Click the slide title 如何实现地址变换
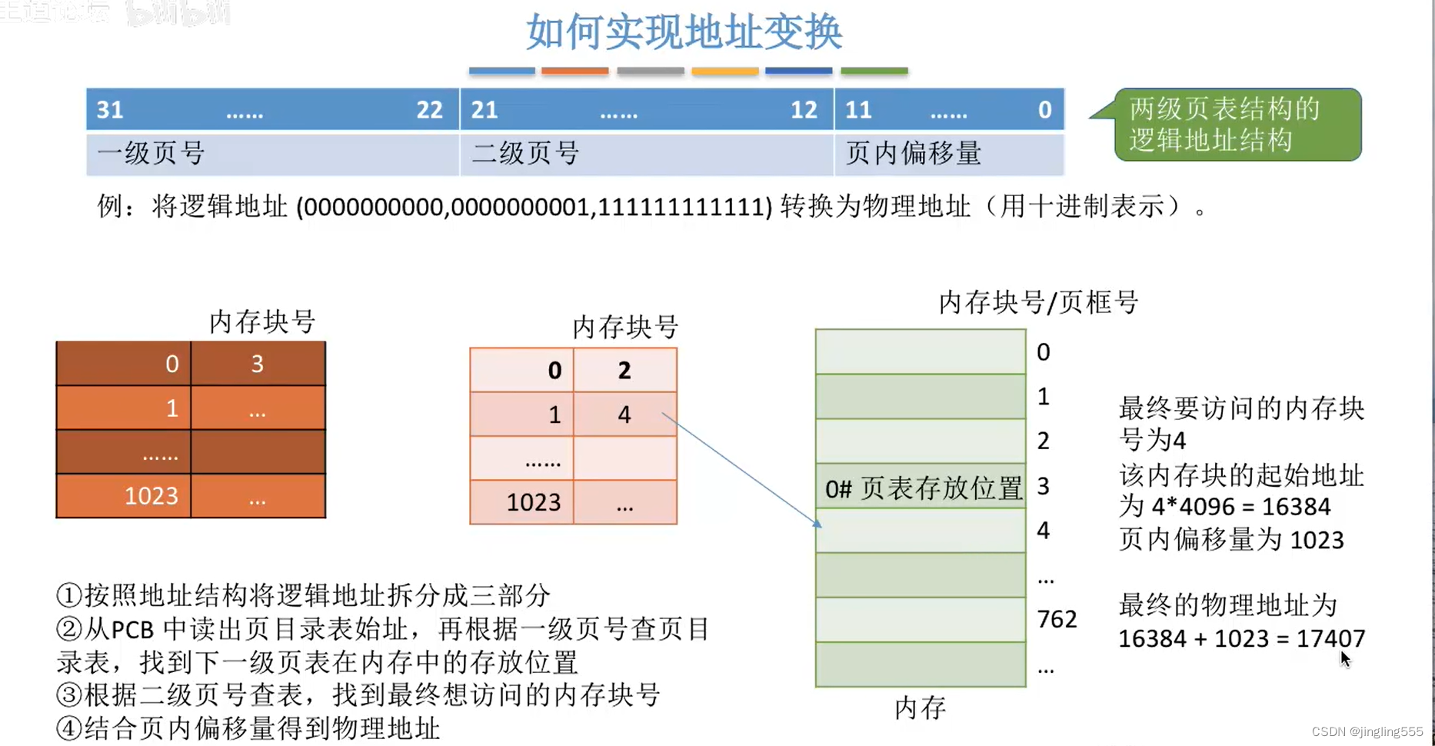point(684,32)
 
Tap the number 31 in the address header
point(110,110)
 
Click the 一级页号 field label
point(151,153)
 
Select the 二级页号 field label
point(525,153)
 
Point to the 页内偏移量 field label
point(913,153)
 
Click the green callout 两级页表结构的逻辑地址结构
point(1237,125)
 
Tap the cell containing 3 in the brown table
point(258,364)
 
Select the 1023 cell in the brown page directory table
point(151,496)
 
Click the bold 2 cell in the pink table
point(624,371)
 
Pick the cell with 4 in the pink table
point(624,415)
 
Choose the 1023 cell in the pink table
point(533,502)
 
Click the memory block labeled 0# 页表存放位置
point(921,488)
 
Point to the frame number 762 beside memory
point(1057,619)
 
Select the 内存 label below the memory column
point(920,708)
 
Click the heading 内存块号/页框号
point(1038,302)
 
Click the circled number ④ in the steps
point(69,728)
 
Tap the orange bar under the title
point(574,71)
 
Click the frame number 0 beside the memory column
point(1043,352)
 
